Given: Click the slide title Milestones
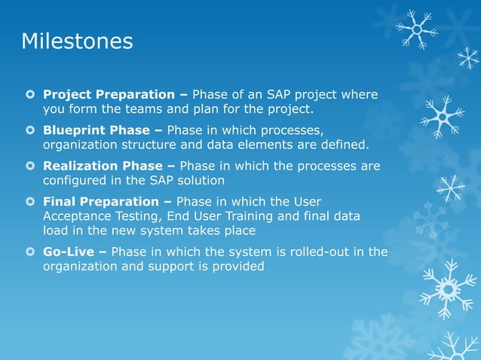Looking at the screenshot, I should [77, 41].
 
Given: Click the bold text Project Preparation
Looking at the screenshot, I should [109, 95].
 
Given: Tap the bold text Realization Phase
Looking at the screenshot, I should [103, 166].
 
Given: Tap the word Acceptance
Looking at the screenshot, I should [79, 216].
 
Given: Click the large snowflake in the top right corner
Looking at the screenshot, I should [416, 29].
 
